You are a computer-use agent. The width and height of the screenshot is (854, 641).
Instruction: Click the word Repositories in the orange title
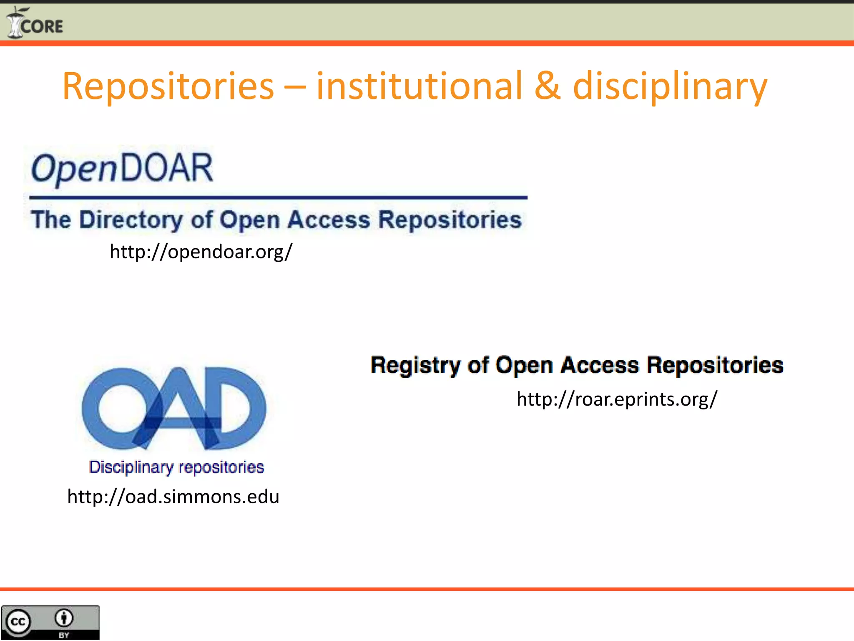[168, 86]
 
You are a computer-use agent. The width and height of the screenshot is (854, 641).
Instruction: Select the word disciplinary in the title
[670, 86]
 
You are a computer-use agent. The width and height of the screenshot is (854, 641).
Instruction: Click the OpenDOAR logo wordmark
[122, 168]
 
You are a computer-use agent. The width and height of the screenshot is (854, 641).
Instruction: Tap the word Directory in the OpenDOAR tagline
[131, 220]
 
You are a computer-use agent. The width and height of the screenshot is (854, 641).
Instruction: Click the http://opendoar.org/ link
[201, 252]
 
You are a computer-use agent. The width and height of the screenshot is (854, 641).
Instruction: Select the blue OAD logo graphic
[174, 408]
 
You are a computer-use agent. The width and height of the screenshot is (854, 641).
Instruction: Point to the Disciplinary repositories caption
[176, 467]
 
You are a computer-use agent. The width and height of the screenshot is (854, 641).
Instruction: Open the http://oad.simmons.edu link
[173, 497]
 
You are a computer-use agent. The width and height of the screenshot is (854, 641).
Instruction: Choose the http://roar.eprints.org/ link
[617, 399]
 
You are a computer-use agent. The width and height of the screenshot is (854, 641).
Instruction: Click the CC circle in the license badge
[18, 622]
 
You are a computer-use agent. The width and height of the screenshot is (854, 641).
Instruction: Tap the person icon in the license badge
[64, 618]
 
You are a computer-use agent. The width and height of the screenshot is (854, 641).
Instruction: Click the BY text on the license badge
[64, 635]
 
